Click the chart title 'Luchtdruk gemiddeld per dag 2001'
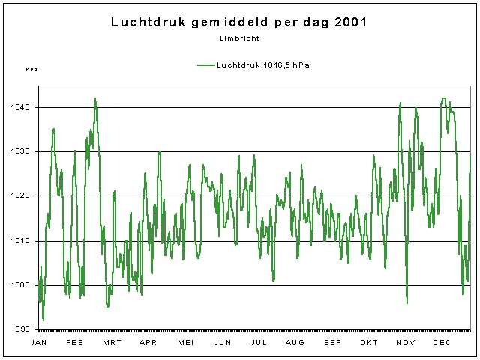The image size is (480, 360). point(239,22)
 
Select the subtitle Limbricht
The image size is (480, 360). point(240,38)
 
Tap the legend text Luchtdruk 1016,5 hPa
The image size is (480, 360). point(263,65)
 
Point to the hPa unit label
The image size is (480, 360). point(31,70)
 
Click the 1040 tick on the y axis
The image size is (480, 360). point(21,108)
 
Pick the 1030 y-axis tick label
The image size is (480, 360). point(21,152)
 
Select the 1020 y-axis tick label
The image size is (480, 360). point(21,196)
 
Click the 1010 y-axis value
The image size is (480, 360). point(21,241)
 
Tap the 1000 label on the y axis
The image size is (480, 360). point(21,285)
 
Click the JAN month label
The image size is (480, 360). point(38,343)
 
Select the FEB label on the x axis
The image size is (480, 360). point(75,343)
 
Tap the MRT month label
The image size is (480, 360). point(112,343)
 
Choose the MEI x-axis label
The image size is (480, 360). point(185,343)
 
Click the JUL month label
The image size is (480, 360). point(259,343)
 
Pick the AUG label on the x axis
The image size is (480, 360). point(295,343)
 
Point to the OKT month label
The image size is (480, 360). point(369,343)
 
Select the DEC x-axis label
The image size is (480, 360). point(442,343)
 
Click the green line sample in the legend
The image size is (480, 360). point(206,65)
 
